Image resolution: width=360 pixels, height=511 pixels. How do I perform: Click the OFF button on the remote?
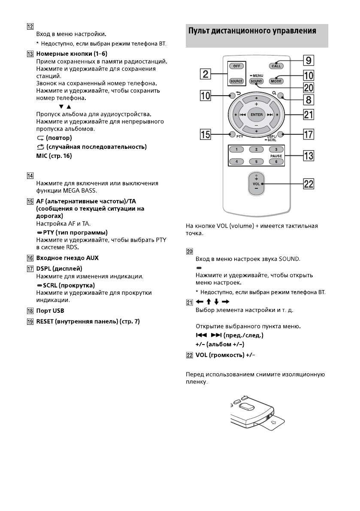coord(236,67)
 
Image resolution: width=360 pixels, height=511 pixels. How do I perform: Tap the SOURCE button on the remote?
coord(236,81)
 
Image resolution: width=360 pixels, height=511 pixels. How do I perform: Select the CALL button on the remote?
coord(276,66)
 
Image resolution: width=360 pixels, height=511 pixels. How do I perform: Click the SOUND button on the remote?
coord(256,81)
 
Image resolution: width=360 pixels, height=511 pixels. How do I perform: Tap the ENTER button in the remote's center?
coord(257,115)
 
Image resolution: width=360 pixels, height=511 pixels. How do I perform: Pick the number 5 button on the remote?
coord(256,162)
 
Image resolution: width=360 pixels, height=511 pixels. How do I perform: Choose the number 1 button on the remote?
coord(236,149)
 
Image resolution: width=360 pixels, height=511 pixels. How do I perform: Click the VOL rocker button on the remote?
coord(257,183)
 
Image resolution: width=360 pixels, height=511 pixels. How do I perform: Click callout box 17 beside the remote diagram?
coord(308,135)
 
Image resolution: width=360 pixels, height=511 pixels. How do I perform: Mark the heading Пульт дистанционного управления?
coord(252,31)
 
